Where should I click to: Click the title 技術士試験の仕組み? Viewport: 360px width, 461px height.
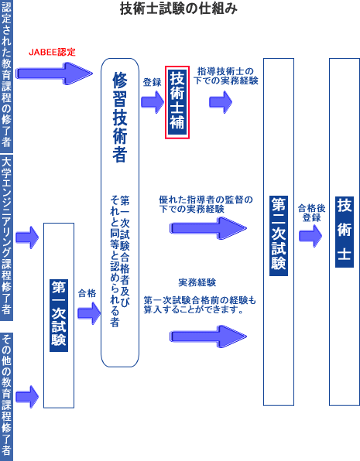click(x=179, y=9)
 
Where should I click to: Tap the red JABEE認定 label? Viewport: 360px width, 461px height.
click(x=52, y=52)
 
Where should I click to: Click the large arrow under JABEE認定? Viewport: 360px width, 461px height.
click(x=54, y=73)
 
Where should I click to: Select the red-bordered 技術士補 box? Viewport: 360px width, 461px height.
click(x=177, y=102)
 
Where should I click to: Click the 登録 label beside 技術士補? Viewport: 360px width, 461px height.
click(x=153, y=82)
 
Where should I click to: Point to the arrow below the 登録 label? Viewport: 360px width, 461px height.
click(x=153, y=102)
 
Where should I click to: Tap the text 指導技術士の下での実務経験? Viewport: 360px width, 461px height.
click(x=226, y=76)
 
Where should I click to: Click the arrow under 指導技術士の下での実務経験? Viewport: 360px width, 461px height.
click(x=221, y=102)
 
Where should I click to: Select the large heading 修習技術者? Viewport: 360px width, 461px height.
click(x=120, y=117)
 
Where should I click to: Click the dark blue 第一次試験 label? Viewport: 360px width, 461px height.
click(x=59, y=316)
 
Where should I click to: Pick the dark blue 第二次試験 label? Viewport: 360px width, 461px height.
click(x=279, y=236)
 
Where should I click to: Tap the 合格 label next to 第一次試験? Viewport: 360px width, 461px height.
click(x=87, y=293)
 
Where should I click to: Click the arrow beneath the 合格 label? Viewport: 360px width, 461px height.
click(x=89, y=313)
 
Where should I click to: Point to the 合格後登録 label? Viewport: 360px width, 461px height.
click(x=311, y=213)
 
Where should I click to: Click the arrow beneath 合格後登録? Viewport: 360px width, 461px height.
click(x=310, y=236)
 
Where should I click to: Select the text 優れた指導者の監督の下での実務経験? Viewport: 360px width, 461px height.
click(x=206, y=204)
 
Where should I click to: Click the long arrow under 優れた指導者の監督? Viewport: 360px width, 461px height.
click(x=208, y=228)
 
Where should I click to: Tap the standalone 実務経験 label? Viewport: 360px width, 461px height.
click(x=197, y=282)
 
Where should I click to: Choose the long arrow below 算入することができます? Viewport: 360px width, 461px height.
click(x=208, y=336)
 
